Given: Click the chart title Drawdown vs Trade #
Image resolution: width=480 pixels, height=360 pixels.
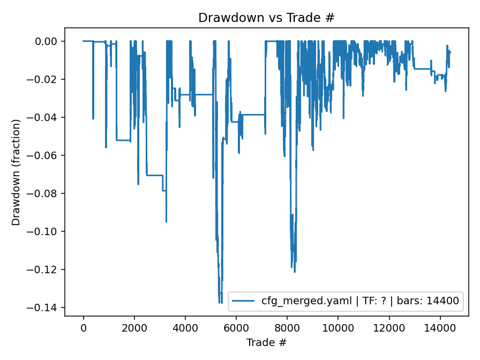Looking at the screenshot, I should tap(266, 18).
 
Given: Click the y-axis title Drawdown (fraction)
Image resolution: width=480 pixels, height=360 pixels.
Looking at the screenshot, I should tap(16, 172).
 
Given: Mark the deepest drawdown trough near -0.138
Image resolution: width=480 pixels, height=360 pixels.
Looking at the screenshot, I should tap(220, 303).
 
